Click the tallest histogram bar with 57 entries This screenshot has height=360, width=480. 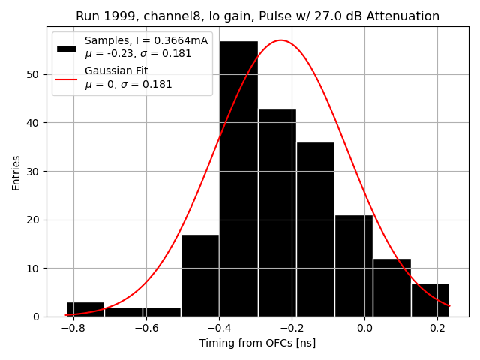coord(238,180)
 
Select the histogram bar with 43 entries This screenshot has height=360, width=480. coord(277,213)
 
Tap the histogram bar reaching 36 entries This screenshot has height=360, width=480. coord(315,229)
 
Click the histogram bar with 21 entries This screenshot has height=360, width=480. coord(353,266)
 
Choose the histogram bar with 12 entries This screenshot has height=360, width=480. coord(391,288)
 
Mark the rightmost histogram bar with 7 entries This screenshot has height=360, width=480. coord(430,300)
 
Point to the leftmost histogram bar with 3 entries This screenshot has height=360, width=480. coord(85,309)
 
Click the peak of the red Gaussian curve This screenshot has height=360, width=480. coord(280,40)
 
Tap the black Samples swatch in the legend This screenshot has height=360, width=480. coord(67,47)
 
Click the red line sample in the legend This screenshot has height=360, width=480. coord(67,77)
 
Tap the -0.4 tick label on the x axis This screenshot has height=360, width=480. coord(217,328)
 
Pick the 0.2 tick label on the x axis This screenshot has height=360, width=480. coord(437,328)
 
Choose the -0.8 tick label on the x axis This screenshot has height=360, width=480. coord(71,328)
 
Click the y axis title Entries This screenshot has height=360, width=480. coord(16,172)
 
